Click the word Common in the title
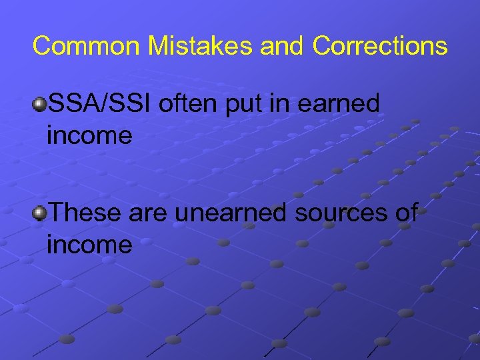click(x=86, y=46)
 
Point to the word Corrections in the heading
click(x=380, y=46)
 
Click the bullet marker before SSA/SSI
click(x=41, y=105)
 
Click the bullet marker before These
click(x=41, y=213)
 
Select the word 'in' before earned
click(x=277, y=104)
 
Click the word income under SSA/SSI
click(x=90, y=137)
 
